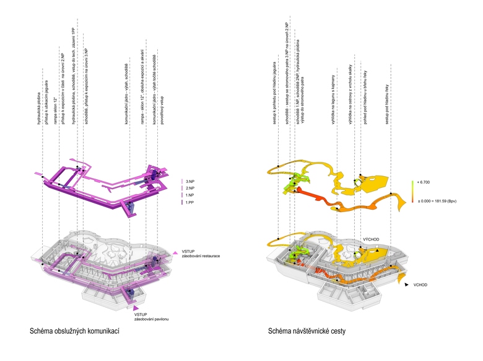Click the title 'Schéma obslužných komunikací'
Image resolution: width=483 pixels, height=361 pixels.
(x=74, y=332)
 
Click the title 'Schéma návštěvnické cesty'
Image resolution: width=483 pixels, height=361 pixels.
(x=306, y=332)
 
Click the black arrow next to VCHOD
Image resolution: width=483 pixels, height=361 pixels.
(x=406, y=283)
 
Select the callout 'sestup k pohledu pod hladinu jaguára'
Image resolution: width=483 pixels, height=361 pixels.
(x=272, y=96)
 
